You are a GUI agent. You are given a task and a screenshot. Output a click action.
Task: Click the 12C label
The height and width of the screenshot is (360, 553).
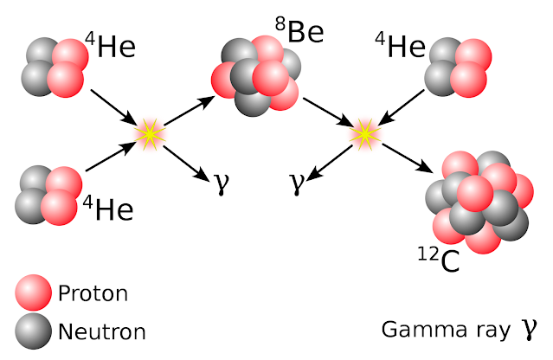(x=438, y=259)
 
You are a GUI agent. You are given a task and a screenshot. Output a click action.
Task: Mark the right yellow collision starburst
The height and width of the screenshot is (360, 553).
(x=365, y=133)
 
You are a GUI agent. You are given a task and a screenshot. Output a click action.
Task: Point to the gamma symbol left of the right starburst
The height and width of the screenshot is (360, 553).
(x=297, y=183)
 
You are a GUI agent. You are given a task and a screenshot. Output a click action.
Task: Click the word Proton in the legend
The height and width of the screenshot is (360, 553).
(x=93, y=294)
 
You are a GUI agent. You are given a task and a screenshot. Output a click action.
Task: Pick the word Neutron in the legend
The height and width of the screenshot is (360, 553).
(x=102, y=331)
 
